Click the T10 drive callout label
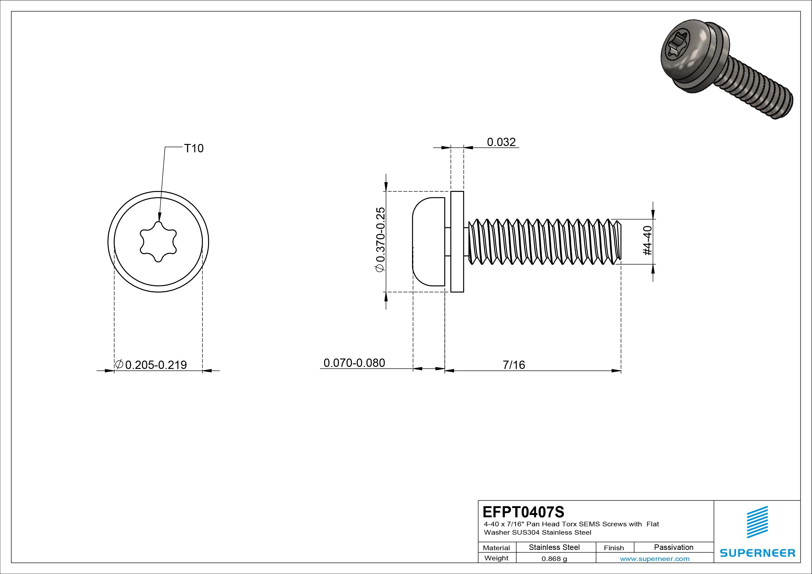tap(194, 148)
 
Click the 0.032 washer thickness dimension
tap(501, 142)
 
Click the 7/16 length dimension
tap(514, 365)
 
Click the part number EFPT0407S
tap(523, 512)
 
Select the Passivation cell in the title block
tap(673, 547)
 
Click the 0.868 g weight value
tap(554, 559)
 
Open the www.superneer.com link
tap(655, 559)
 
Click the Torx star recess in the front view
tap(158, 242)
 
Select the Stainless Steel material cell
tap(554, 547)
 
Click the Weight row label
tap(496, 558)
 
